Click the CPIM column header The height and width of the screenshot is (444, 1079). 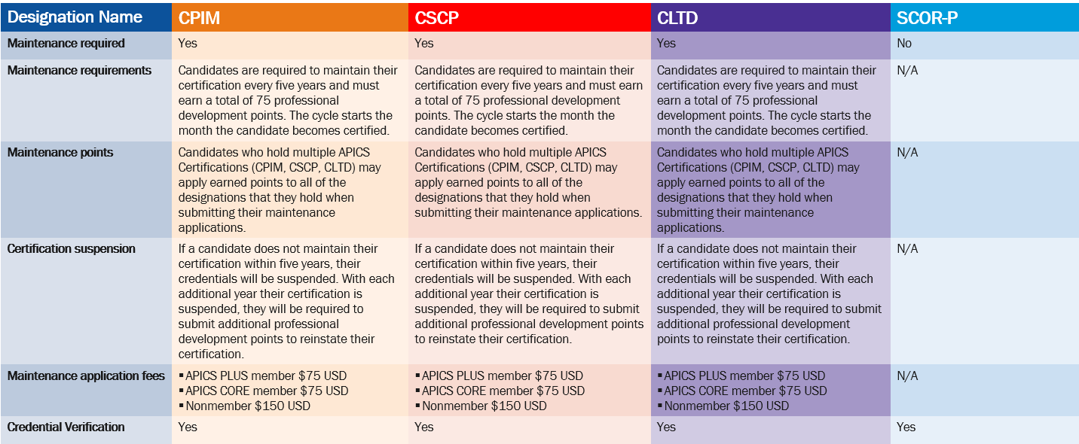click(x=200, y=18)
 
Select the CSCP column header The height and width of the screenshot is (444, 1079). click(x=437, y=18)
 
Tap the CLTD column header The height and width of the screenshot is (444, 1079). click(x=677, y=18)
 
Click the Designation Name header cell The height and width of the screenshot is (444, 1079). click(x=75, y=17)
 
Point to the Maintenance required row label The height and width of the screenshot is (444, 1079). click(x=66, y=44)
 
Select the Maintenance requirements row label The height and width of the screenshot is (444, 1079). click(x=79, y=71)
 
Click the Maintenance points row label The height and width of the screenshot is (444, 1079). click(x=60, y=153)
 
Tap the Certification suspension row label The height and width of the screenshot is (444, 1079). click(x=72, y=249)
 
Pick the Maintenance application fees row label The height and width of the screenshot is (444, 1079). click(x=86, y=376)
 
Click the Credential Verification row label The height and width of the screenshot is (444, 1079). click(x=66, y=427)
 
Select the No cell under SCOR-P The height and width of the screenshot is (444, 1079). click(x=904, y=44)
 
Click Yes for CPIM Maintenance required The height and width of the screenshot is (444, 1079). click(x=188, y=44)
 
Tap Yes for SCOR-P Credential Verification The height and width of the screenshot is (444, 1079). click(x=906, y=427)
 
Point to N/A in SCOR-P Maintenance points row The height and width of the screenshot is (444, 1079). click(x=907, y=153)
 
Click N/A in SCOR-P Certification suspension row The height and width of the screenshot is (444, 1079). click(x=907, y=249)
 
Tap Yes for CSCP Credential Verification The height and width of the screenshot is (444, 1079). click(x=424, y=427)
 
